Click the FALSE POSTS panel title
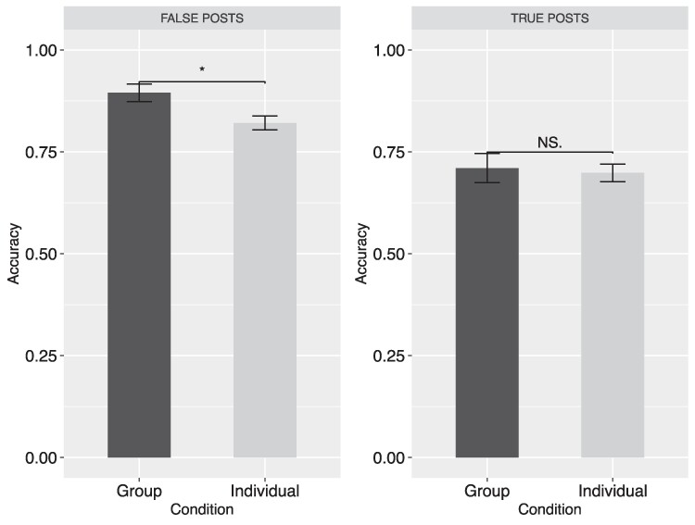(202, 19)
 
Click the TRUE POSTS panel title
(550, 19)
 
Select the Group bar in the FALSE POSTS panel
(139, 275)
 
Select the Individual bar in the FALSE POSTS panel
(265, 290)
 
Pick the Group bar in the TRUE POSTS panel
(487, 312)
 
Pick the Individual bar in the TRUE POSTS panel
(613, 315)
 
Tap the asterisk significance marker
(202, 69)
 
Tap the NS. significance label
(550, 143)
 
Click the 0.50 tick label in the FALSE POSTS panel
(42, 254)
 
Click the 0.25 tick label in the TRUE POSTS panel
(389, 356)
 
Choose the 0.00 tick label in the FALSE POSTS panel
(42, 457)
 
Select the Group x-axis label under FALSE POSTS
(139, 492)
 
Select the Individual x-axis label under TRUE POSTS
(613, 491)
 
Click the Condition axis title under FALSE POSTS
(202, 509)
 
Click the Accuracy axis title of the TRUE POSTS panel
(361, 254)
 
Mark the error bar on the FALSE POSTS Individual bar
(265, 123)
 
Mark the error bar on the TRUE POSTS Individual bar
(613, 173)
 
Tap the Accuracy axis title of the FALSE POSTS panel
(14, 254)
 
